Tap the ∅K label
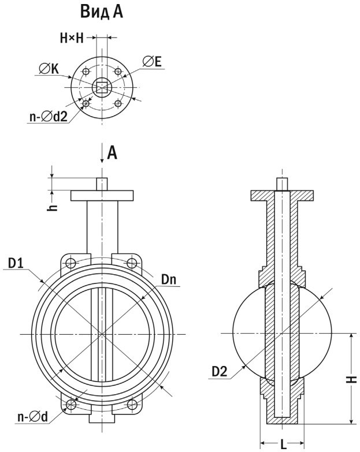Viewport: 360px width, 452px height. pos(50,69)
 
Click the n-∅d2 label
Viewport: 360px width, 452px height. pos(48,116)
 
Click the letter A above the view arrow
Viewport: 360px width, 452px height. pos(113,152)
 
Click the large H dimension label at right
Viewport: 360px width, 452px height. pos(353,379)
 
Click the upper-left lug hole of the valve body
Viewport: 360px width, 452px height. pos(71,263)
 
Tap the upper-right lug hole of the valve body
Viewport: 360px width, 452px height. pos(132,263)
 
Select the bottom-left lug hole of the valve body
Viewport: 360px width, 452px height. pos(71,404)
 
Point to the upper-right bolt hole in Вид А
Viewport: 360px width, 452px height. pos(118,72)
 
